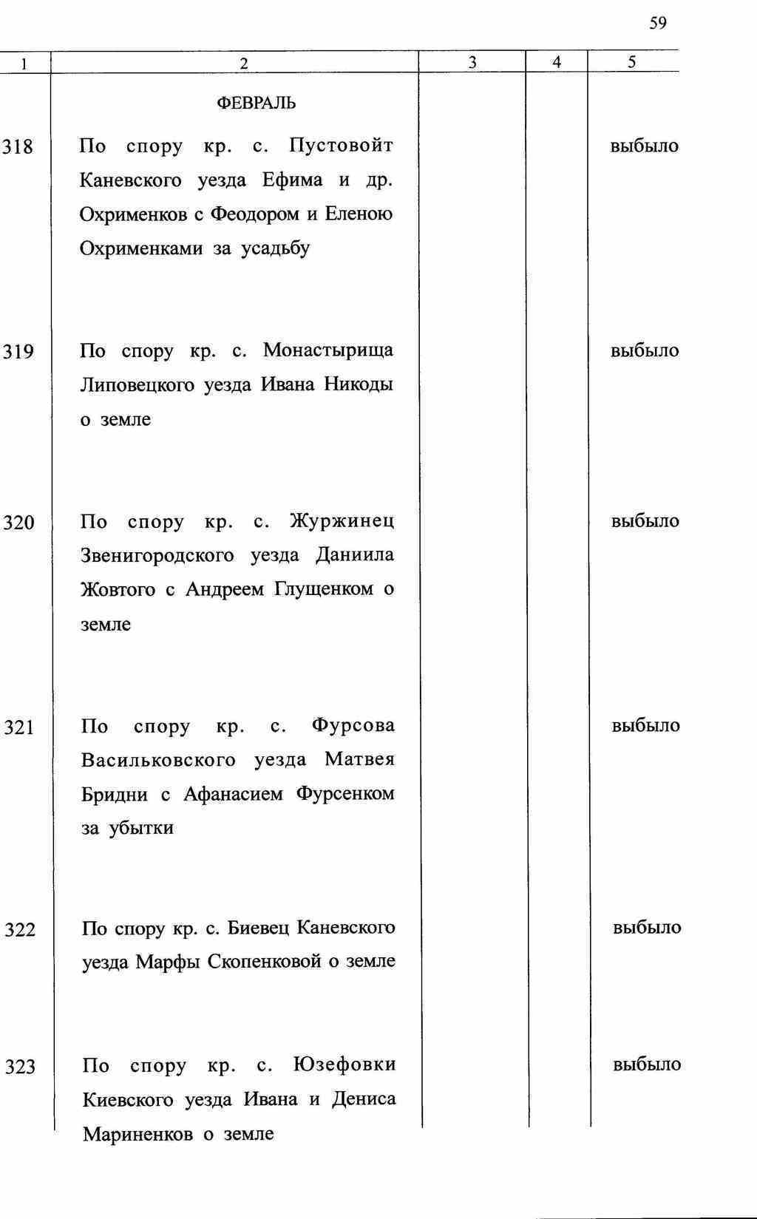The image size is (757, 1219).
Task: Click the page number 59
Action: [657, 24]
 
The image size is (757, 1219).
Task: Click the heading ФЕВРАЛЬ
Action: [256, 103]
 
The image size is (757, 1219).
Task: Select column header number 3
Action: [472, 63]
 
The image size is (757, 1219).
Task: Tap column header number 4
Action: [557, 63]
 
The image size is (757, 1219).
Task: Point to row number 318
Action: [18, 147]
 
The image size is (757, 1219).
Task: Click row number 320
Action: [18, 523]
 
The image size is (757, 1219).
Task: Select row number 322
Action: [20, 930]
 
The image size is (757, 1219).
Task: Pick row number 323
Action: [20, 1067]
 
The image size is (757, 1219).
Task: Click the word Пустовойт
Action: [341, 146]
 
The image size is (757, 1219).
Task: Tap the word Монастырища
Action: [328, 350]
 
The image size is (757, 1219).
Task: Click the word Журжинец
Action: [342, 521]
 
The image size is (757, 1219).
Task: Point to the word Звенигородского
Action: [157, 555]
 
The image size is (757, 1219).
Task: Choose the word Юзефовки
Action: [344, 1065]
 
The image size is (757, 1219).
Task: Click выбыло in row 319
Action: [645, 351]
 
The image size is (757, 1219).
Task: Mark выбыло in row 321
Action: [645, 726]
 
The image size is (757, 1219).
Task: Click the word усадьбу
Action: [275, 249]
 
